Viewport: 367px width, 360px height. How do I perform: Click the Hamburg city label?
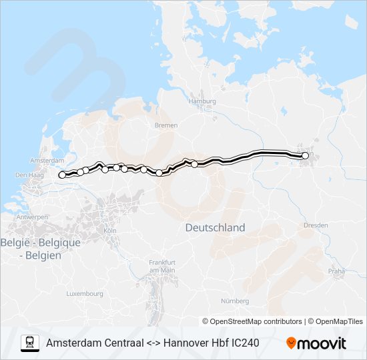[x=203, y=101]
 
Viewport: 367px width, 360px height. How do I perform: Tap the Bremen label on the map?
[x=166, y=125]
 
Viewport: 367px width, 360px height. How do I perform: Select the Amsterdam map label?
[x=46, y=161]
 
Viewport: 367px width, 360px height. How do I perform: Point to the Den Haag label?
[x=29, y=175]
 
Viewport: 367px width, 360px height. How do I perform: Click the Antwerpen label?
[x=32, y=217]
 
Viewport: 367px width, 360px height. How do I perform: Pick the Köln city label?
[x=110, y=231]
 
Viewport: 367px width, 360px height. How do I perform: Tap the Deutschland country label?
[x=215, y=227]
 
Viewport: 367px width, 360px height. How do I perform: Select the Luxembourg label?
[x=85, y=293]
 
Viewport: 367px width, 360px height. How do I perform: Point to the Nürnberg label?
[x=234, y=301]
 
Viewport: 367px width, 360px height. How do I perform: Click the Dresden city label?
[x=316, y=225]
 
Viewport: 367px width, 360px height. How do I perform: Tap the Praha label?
[x=336, y=271]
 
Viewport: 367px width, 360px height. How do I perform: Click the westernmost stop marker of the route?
[x=62, y=175]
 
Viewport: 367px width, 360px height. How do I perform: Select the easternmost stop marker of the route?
[x=305, y=155]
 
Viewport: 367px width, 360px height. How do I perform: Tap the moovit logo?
[x=316, y=343]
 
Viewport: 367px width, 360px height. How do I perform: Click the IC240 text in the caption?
[x=243, y=343]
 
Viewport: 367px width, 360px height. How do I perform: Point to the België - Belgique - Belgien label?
[x=41, y=249]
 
